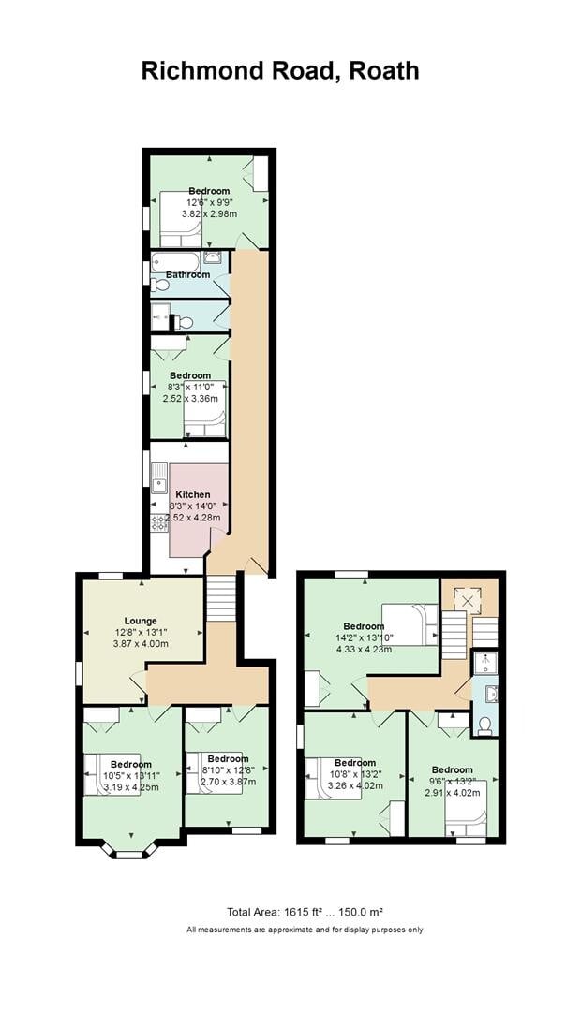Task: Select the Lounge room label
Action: coord(141,620)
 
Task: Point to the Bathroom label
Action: coord(188,274)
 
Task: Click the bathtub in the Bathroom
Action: coord(175,261)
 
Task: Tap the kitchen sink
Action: coord(160,484)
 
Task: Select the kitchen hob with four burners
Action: coord(159,522)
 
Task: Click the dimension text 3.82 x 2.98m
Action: coord(208,213)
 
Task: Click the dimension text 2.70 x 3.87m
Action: coord(228,781)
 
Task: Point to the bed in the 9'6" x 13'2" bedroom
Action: coord(466,810)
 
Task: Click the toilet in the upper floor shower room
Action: coord(484,725)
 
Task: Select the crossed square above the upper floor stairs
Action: coord(468,597)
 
